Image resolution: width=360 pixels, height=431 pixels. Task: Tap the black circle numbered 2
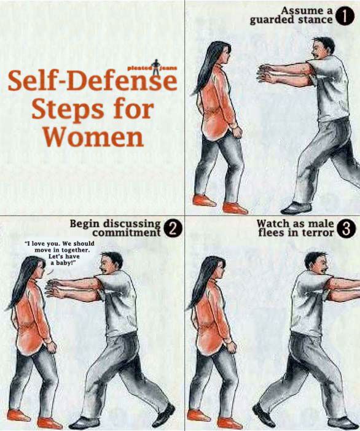pyautogui.click(x=173, y=230)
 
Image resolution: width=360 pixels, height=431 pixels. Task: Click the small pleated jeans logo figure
pyautogui.click(x=157, y=67)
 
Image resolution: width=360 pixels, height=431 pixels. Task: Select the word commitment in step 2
pyautogui.click(x=126, y=233)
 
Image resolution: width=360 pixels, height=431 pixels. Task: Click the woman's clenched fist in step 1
pyautogui.click(x=237, y=131)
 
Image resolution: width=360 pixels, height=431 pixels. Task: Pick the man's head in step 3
pyautogui.click(x=316, y=264)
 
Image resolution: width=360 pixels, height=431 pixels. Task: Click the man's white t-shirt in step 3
pyautogui.click(x=310, y=301)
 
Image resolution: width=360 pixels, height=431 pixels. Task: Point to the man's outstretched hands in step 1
pyautogui.click(x=267, y=74)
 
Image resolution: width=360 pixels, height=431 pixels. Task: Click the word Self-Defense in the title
pyautogui.click(x=92, y=80)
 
